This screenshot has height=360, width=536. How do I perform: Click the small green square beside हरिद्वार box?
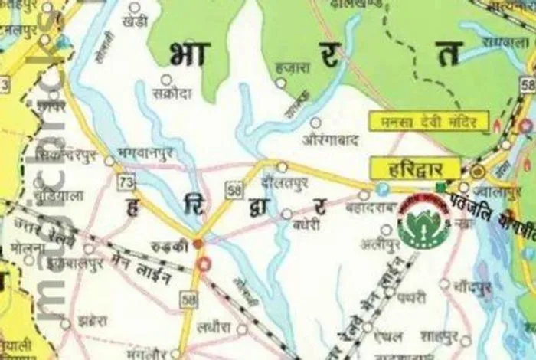440,187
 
